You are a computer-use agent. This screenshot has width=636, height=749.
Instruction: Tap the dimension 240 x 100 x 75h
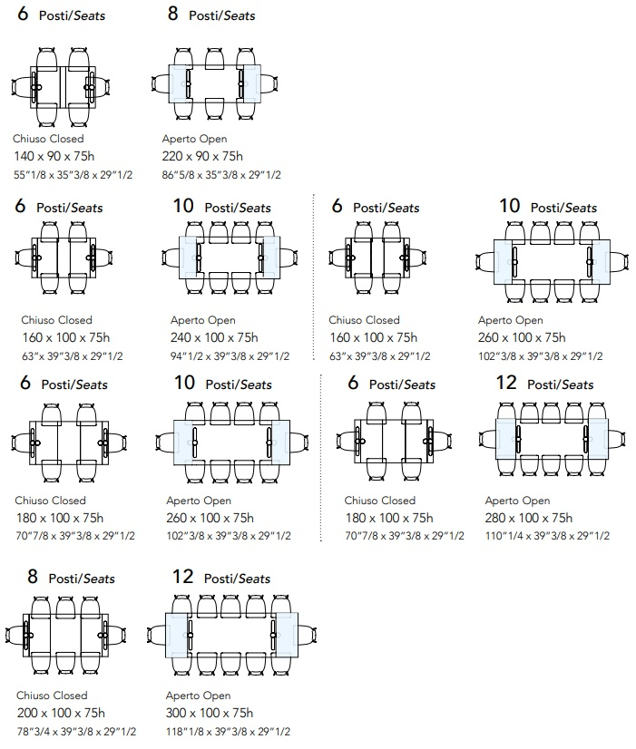pyautogui.click(x=214, y=337)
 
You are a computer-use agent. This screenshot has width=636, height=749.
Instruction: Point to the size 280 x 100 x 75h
pyautogui.click(x=529, y=518)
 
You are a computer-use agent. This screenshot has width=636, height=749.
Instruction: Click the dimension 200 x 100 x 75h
pyautogui.click(x=61, y=713)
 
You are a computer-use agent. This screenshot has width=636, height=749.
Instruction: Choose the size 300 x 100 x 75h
pyautogui.click(x=210, y=713)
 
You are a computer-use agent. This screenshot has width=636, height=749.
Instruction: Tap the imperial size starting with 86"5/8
pyautogui.click(x=220, y=174)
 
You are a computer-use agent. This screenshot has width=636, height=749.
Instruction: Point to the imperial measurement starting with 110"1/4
pyautogui.click(x=547, y=536)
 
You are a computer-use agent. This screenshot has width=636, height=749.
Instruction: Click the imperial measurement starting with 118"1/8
pyautogui.click(x=229, y=731)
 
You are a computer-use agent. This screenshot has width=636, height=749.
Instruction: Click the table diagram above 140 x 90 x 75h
pyautogui.click(x=64, y=83)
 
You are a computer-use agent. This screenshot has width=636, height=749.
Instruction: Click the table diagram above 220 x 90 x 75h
pyautogui.click(x=214, y=83)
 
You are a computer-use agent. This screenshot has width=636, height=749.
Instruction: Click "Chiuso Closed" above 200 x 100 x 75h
pyautogui.click(x=52, y=695)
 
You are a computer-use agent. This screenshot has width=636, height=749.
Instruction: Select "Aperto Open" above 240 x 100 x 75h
pyautogui.click(x=203, y=320)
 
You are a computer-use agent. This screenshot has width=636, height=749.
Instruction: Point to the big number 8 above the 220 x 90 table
pyautogui.click(x=173, y=14)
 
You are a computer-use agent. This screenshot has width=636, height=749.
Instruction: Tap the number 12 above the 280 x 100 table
pyautogui.click(x=506, y=383)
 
